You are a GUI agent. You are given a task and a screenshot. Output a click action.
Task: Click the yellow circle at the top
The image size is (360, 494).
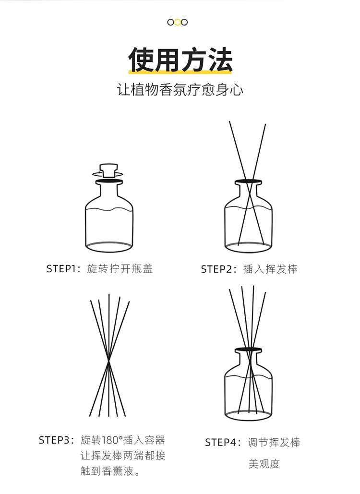tap(178, 22)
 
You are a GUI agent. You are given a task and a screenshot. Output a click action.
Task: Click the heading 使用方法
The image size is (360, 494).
tap(180, 60)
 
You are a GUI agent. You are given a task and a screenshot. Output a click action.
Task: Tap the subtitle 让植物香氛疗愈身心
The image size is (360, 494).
tap(180, 89)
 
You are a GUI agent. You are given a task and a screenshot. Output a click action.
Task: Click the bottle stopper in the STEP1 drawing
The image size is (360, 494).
tap(108, 170)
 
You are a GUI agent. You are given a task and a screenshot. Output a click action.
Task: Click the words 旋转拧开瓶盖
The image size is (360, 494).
tap(120, 269)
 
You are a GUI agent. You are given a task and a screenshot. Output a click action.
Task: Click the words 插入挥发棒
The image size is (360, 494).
tap(270, 269)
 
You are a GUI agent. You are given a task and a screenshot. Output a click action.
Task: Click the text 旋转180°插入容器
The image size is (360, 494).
tap(123, 440)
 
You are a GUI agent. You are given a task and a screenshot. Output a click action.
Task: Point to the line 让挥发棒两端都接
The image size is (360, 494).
tap(123, 456)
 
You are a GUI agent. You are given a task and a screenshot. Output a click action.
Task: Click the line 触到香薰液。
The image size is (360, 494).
tap(110, 471)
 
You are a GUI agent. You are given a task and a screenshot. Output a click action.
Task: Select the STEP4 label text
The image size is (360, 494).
tap(223, 442)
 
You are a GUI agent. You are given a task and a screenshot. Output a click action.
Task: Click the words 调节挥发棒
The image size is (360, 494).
tap(274, 442)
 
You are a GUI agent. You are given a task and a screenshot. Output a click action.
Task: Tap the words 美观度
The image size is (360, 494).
tap(264, 464)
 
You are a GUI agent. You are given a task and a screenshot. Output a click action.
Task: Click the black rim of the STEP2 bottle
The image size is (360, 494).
tap(248, 182)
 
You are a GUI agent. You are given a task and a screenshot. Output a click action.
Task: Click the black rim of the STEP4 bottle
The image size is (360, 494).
tap(248, 350)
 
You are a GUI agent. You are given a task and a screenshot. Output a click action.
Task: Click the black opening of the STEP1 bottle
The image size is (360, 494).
tap(109, 181)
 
